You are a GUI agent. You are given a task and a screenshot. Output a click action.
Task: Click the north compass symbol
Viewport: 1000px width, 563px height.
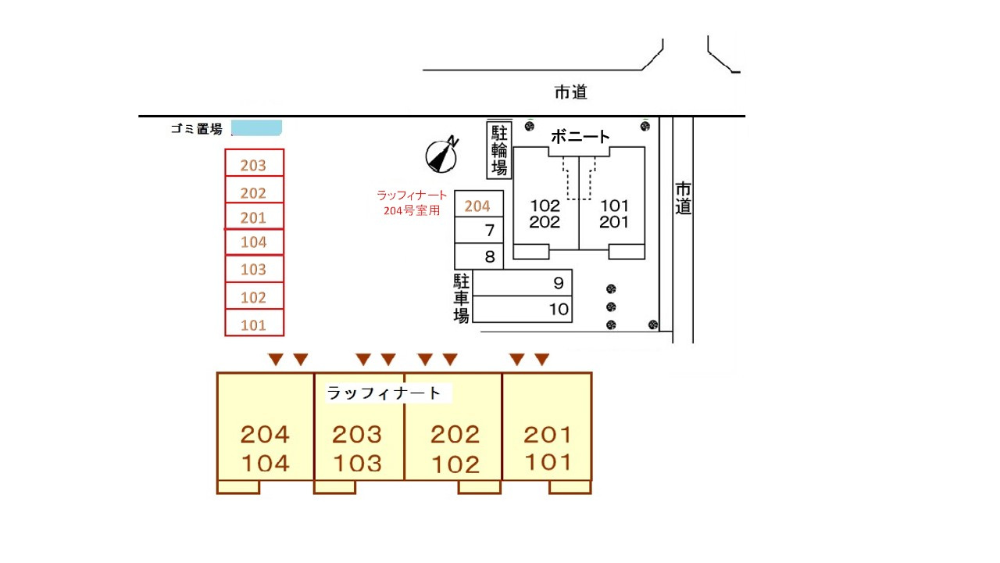(x=441, y=155)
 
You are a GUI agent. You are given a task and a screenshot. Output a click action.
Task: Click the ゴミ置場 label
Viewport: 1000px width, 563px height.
(x=197, y=130)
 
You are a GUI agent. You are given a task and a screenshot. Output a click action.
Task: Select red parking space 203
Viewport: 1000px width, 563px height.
(x=254, y=165)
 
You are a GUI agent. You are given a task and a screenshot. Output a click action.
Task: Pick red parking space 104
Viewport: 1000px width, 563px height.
(x=254, y=242)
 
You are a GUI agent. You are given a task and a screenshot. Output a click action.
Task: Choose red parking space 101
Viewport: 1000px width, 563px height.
(x=254, y=325)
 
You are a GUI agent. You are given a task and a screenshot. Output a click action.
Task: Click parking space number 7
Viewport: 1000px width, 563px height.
(x=480, y=231)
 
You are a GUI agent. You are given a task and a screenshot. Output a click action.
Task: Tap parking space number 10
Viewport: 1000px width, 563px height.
(x=523, y=310)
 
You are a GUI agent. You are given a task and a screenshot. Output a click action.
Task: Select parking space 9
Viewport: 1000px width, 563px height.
(x=523, y=283)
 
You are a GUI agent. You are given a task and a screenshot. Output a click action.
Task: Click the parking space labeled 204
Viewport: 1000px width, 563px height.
(x=479, y=206)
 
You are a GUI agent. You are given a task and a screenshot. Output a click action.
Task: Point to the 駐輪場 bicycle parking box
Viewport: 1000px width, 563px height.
(x=499, y=150)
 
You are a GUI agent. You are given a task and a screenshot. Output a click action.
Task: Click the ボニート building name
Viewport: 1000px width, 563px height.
(x=580, y=137)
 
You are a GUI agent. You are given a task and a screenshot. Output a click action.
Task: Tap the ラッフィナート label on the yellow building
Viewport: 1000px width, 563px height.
(x=384, y=393)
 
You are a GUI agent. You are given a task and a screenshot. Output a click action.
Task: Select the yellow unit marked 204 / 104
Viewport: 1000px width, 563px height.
(x=265, y=448)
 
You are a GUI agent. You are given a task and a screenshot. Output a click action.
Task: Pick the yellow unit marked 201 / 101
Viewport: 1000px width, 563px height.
(x=547, y=447)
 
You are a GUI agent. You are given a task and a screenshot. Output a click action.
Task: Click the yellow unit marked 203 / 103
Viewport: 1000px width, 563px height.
(x=358, y=448)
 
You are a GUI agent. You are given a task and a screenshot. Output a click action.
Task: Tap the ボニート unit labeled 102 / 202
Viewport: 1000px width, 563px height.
(x=545, y=213)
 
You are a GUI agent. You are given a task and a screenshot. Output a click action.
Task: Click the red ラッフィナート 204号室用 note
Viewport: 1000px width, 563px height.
(x=412, y=203)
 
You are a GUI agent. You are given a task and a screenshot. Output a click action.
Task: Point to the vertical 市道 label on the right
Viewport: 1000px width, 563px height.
(x=684, y=199)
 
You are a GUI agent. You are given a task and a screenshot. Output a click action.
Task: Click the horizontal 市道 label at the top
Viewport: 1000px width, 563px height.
(x=570, y=92)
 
